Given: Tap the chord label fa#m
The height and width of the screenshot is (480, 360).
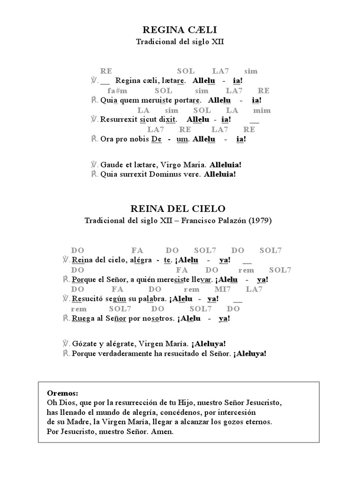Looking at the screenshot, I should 117,90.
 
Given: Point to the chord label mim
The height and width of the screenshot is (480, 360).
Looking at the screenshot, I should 262,110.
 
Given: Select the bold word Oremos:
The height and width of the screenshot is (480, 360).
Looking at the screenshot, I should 63,392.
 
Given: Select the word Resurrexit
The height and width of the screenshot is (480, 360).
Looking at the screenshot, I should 119,120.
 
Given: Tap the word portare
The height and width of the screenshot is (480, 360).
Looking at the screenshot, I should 187,100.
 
